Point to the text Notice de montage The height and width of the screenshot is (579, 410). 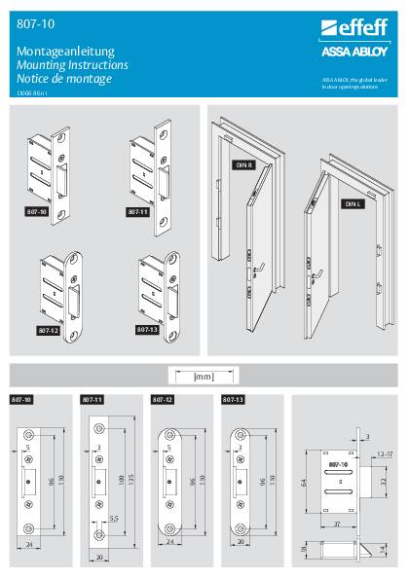(64, 78)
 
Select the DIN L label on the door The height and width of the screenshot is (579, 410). (351, 204)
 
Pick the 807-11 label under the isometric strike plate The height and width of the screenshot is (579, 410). (136, 210)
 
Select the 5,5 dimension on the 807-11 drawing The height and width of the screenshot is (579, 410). (115, 520)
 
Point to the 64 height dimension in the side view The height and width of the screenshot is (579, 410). (303, 482)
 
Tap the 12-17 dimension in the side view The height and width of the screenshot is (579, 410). (384, 453)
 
